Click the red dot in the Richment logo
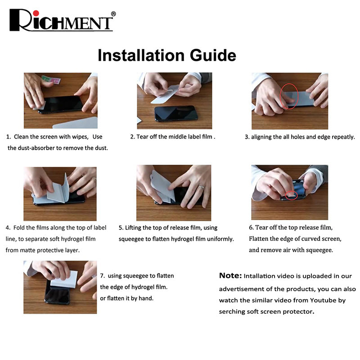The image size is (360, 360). point(36,13)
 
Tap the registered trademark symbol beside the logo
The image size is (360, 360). point(113,14)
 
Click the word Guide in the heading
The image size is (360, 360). point(213,55)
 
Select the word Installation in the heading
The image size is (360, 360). point(141,55)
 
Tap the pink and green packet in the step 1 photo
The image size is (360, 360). point(51,80)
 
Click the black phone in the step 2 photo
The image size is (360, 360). point(176,113)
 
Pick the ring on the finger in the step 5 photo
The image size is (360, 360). point(201,187)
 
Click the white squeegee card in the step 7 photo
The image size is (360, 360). point(64,279)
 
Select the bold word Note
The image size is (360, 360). point(230,275)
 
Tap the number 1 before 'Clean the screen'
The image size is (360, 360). point(8,137)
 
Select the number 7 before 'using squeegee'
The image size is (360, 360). point(102,276)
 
